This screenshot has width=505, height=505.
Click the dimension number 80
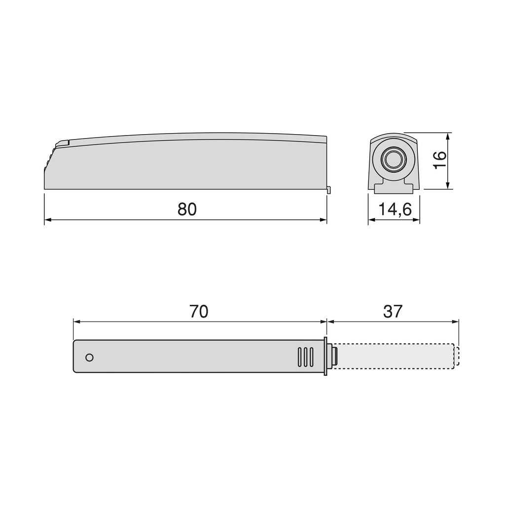[x=187, y=209]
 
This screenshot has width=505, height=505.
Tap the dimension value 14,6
[x=395, y=210]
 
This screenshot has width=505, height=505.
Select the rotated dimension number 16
[x=439, y=159]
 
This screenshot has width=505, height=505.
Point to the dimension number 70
[x=199, y=312]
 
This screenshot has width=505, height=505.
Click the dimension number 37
[x=393, y=312]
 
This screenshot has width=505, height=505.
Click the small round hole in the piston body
[x=89, y=357]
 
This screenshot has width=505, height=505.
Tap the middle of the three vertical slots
[x=305, y=357]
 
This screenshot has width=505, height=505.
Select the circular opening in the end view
[x=393, y=159]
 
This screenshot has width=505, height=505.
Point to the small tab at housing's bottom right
[x=329, y=190]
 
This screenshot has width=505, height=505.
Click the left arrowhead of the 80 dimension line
[x=47, y=219]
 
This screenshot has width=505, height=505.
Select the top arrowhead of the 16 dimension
[x=448, y=135]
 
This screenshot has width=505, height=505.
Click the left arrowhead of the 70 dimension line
[x=76, y=322]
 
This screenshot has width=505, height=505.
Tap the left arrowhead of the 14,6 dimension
[x=371, y=219]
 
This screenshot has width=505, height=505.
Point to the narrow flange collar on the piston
[x=325, y=356]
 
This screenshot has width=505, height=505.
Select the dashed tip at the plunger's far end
[x=457, y=356]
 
